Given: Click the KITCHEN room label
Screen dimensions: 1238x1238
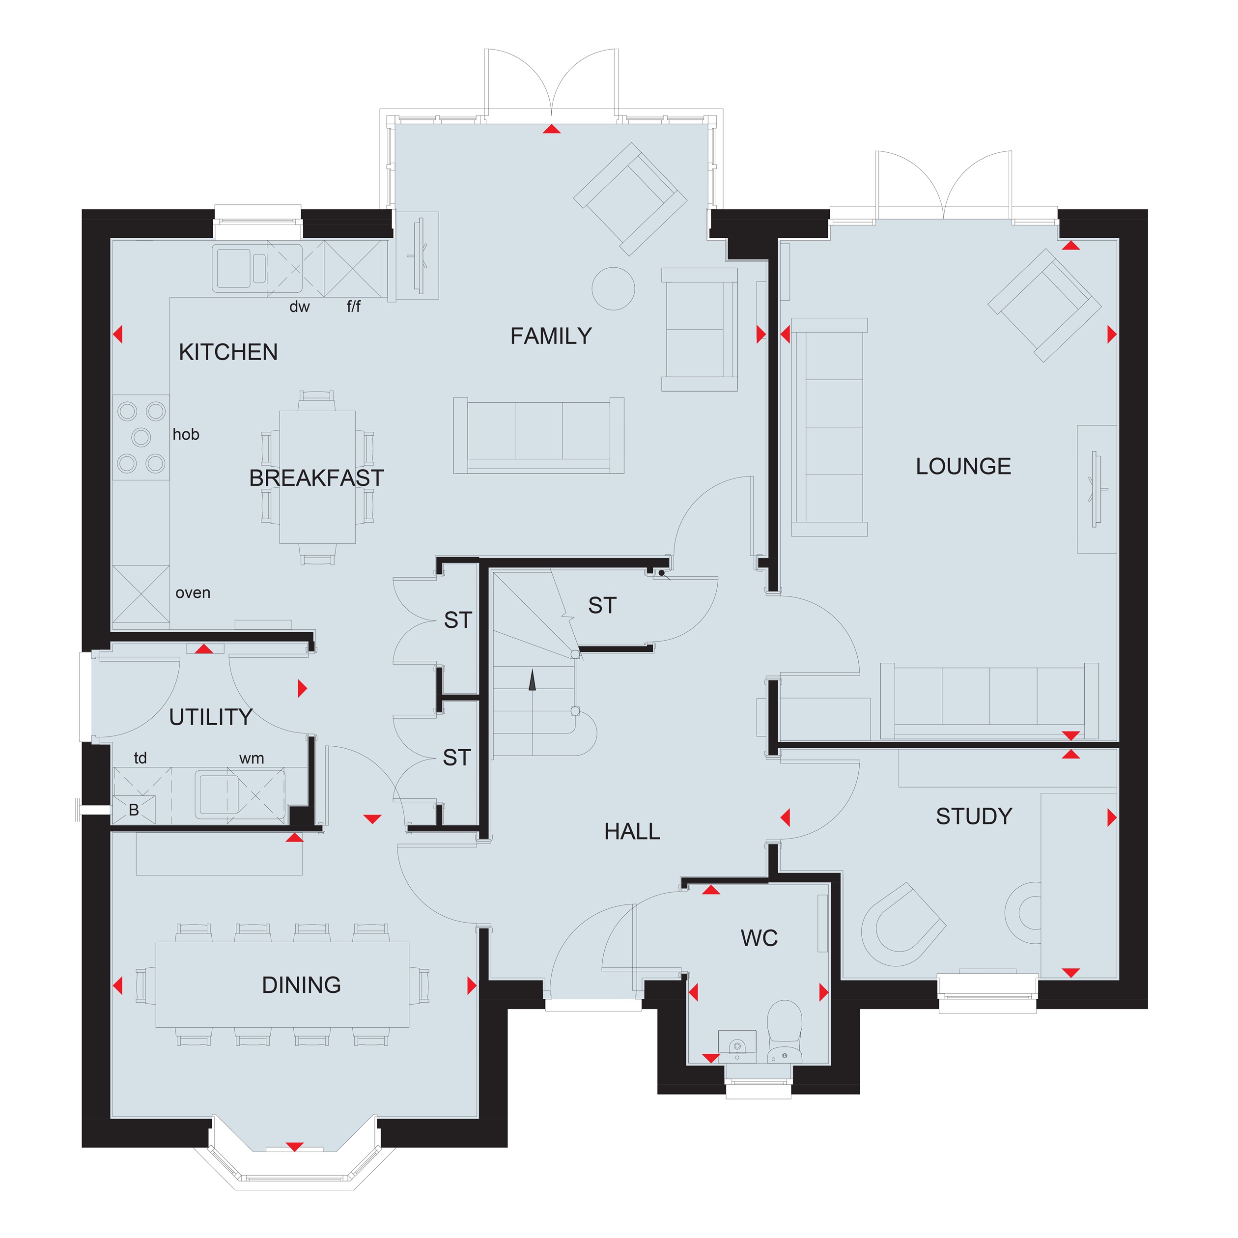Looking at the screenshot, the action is [x=228, y=352].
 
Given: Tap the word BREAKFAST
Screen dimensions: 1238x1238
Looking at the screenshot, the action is [x=316, y=478].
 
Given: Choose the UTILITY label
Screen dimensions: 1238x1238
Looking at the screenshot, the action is [x=210, y=717].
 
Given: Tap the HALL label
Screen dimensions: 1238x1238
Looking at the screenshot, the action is [x=632, y=832].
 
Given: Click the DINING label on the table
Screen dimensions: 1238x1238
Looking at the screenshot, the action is [x=301, y=985].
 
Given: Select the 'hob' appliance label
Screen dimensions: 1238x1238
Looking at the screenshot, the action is [x=186, y=434].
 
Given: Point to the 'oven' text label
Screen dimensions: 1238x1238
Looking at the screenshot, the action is [x=193, y=593].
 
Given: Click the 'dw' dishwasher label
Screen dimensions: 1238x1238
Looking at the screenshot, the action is [x=299, y=307].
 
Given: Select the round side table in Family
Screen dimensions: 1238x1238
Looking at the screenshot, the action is [x=613, y=288].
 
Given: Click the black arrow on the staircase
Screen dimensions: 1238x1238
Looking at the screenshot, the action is [x=532, y=680].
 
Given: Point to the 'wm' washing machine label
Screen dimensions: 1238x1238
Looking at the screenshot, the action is [x=251, y=759].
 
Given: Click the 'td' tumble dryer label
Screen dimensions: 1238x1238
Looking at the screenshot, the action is [x=141, y=758].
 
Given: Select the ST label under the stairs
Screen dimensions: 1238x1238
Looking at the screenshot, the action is [x=602, y=606].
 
